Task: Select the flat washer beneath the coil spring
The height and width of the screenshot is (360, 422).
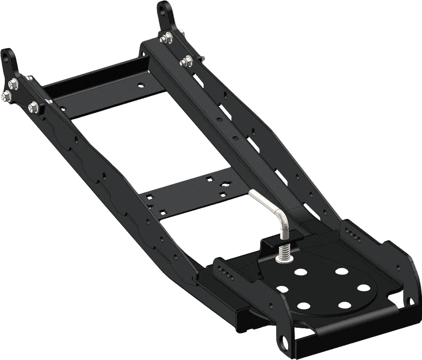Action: point(283,259)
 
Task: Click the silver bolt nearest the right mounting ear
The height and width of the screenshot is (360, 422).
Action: point(165,39)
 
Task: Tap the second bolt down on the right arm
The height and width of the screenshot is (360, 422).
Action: point(186,61)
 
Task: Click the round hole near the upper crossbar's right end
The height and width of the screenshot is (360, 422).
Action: point(140,86)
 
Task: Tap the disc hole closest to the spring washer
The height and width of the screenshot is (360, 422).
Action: point(301,272)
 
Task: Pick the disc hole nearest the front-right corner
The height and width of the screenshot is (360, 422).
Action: point(363,288)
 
